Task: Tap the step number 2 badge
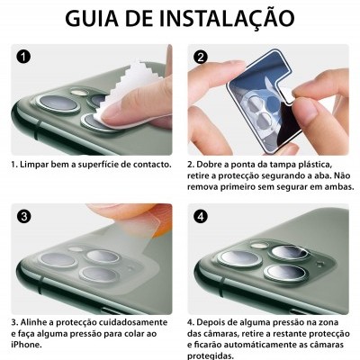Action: (x=201, y=56)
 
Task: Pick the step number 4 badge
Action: (x=201, y=217)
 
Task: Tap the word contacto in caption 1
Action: (x=149, y=166)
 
